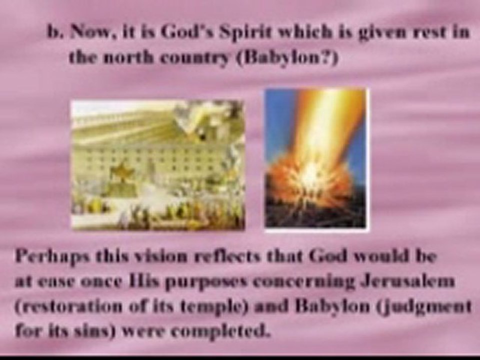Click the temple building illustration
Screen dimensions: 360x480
tap(157, 165)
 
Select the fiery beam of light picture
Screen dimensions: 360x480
tap(316, 160)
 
